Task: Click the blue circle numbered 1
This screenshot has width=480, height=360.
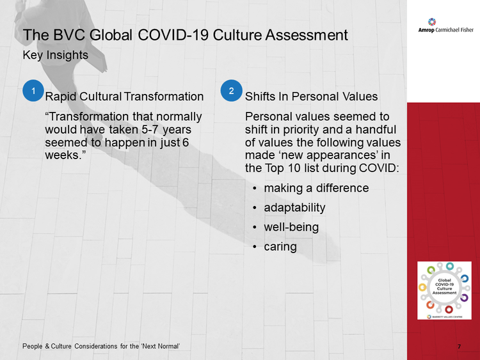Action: (x=33, y=91)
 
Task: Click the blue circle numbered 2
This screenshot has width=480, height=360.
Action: (x=231, y=91)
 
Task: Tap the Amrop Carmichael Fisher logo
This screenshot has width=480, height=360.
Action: (x=445, y=26)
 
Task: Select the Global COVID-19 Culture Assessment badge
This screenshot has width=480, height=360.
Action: (x=444, y=290)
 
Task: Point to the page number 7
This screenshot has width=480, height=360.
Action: (x=459, y=347)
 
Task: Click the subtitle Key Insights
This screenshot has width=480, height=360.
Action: (x=56, y=56)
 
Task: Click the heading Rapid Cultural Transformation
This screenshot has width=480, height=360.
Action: (x=124, y=97)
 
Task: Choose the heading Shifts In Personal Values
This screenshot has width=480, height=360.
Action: (x=311, y=97)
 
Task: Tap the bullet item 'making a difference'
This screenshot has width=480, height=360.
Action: (x=316, y=188)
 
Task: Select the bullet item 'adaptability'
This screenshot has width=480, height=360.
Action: (x=294, y=208)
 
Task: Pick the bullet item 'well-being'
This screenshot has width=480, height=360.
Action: (x=291, y=227)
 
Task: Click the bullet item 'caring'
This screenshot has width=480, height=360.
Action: (x=280, y=247)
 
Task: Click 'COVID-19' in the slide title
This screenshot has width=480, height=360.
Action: (x=173, y=35)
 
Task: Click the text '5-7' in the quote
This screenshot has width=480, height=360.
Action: (x=150, y=130)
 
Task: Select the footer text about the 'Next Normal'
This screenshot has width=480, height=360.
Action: (x=101, y=346)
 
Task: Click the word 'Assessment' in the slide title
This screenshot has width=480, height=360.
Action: (x=307, y=35)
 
